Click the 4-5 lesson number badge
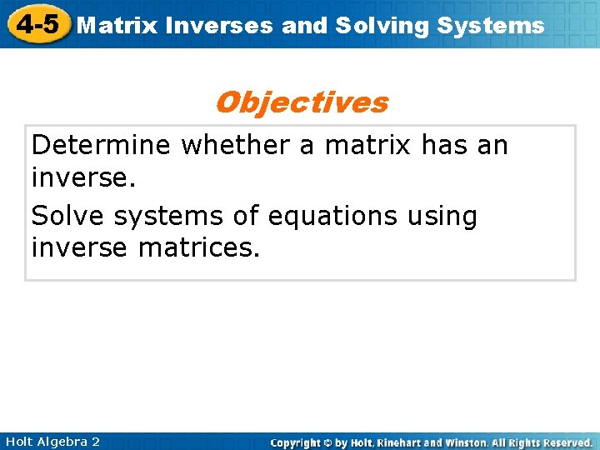point(36,23)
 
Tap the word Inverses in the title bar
point(219,25)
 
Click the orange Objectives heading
point(301,102)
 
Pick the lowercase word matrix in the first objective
point(368,146)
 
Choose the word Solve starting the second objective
point(68,216)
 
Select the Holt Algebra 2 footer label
point(51,442)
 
